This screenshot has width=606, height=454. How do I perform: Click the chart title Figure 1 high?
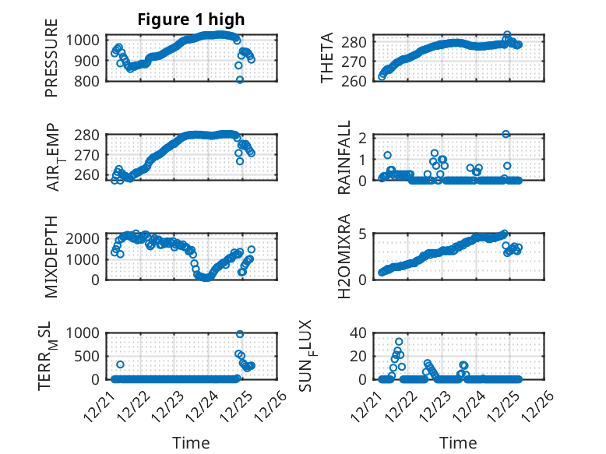191,19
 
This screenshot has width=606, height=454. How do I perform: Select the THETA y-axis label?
328,58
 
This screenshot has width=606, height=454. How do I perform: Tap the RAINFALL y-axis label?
344,158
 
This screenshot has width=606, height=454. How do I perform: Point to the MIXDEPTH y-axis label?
51,258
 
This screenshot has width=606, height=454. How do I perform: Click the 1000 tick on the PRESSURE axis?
84,40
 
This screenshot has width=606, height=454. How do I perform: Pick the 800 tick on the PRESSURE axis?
88,81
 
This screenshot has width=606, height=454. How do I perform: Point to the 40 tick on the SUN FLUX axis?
358,333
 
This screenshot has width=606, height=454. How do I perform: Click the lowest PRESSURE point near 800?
240,79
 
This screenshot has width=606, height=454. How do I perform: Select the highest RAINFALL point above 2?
506,134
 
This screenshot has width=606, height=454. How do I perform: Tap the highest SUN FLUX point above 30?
399,342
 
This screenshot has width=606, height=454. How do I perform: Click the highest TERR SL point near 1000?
240,334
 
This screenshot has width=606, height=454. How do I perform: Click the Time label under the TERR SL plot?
191,443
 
